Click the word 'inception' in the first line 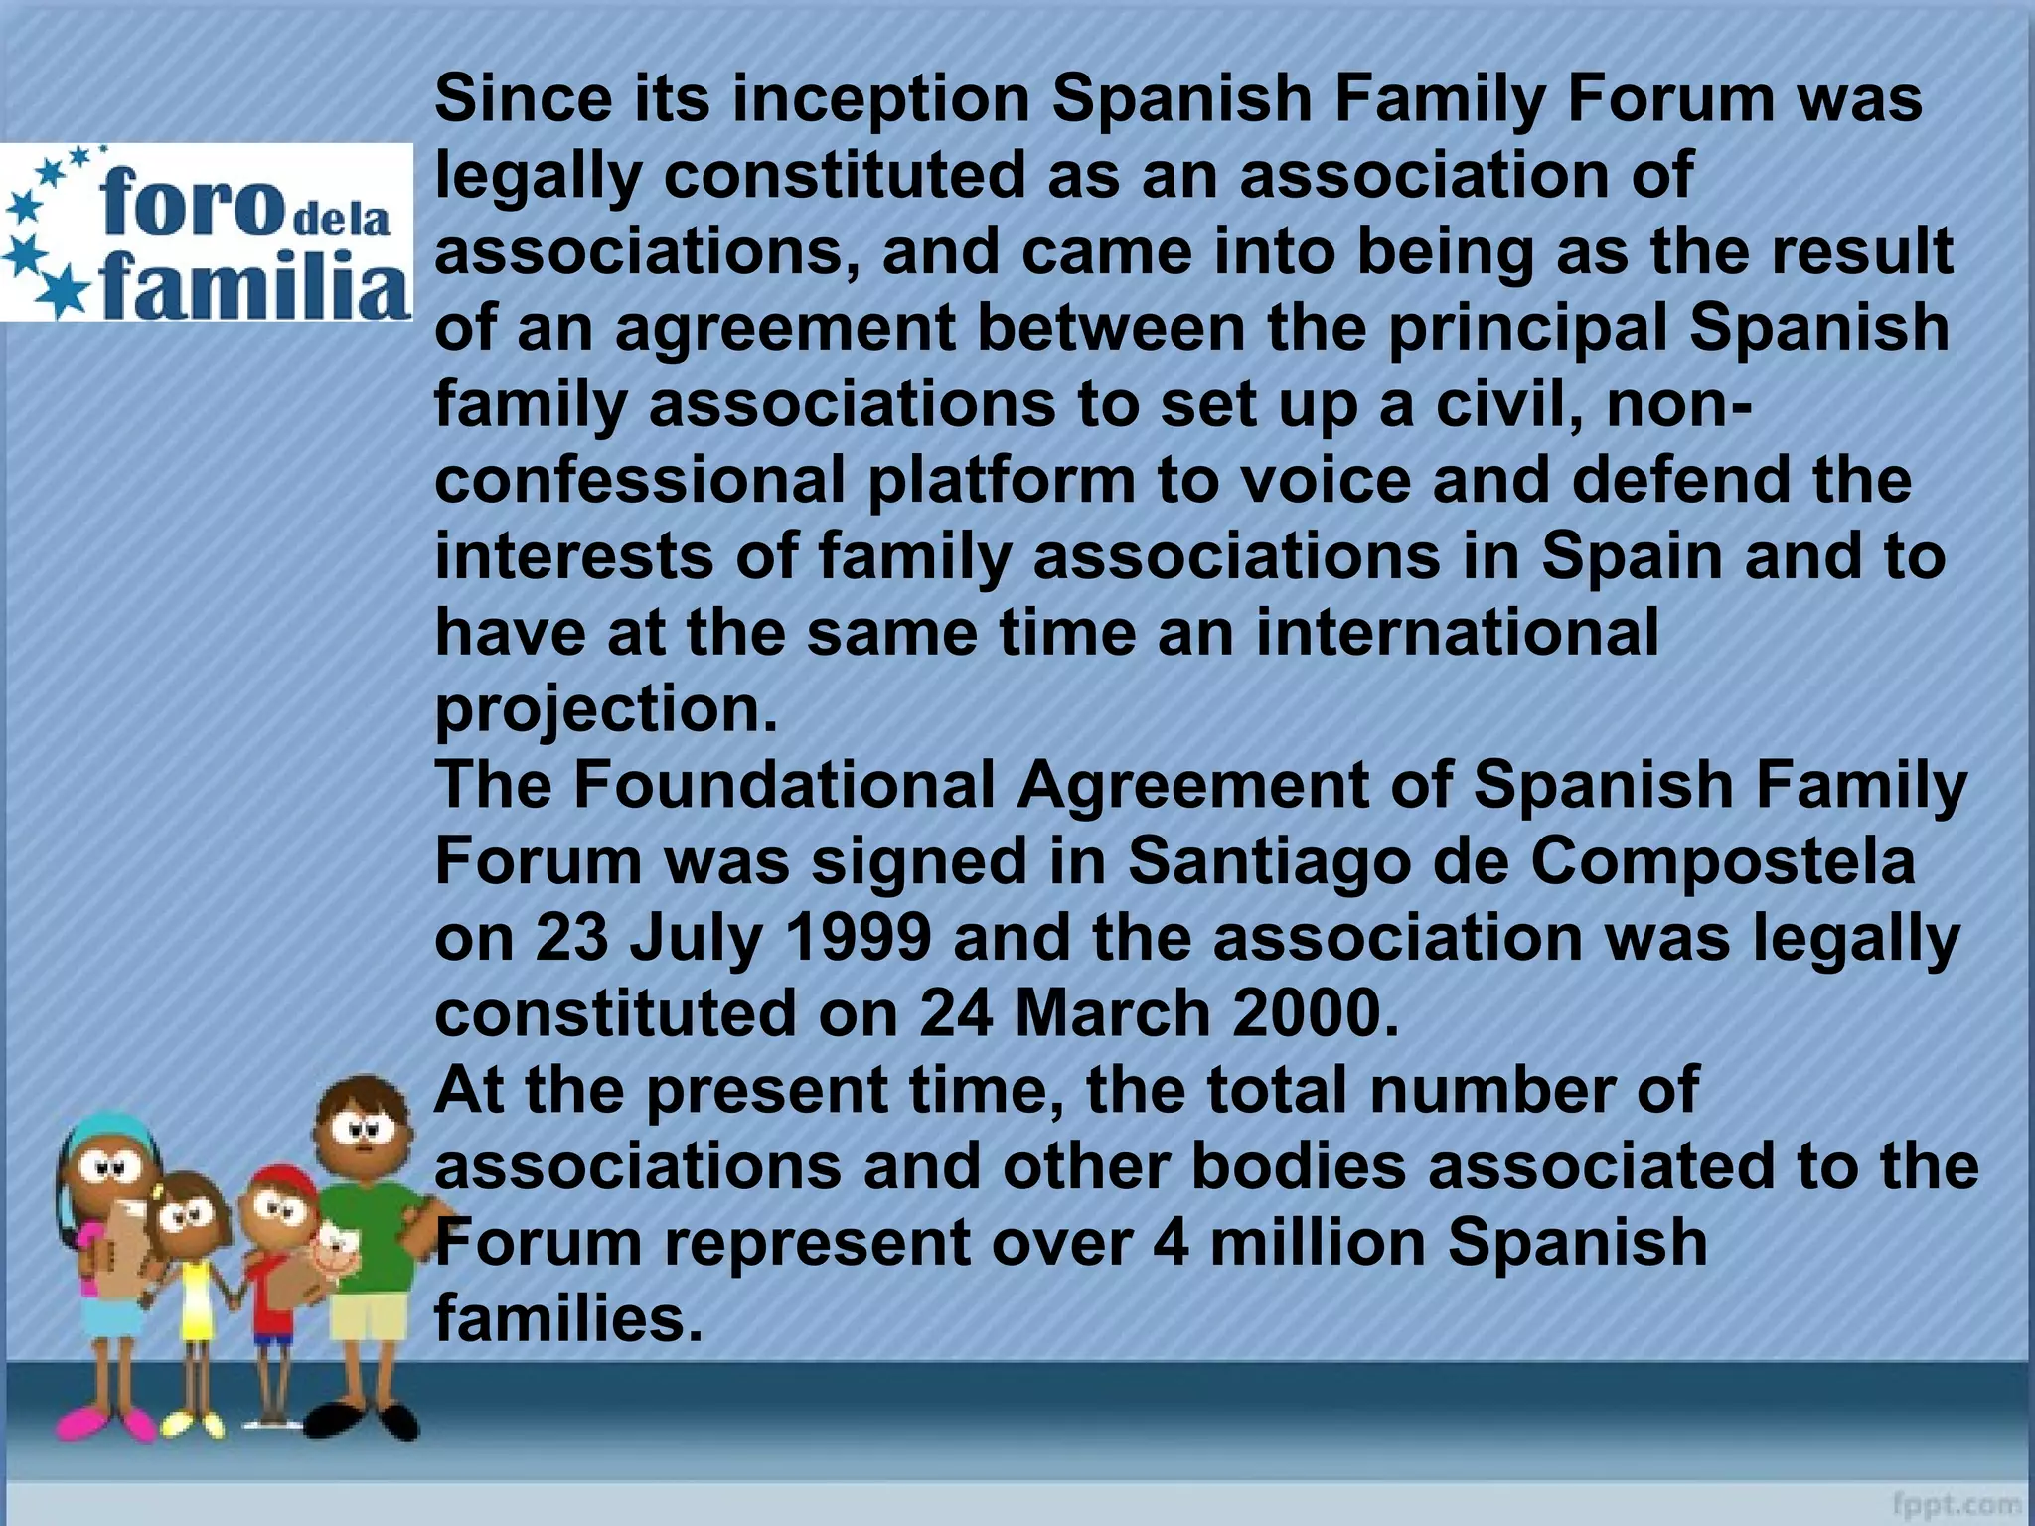(880, 100)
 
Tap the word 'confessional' (640, 481)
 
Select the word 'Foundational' (784, 785)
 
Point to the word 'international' (1457, 633)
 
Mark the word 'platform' (1001, 481)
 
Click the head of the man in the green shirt (363, 1124)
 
